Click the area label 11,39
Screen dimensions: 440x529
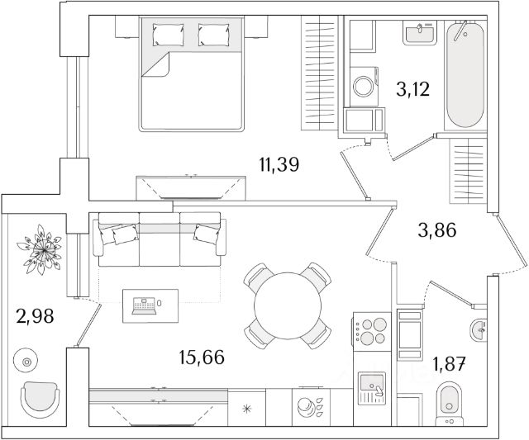coord(278,165)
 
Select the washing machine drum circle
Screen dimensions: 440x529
coord(363,86)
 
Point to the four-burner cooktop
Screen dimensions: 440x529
coord(369,331)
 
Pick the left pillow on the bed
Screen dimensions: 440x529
coord(170,35)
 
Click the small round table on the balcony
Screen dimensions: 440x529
coord(26,361)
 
